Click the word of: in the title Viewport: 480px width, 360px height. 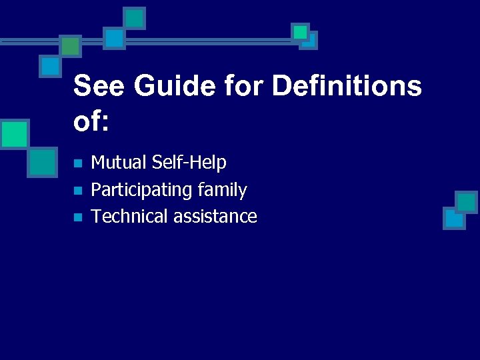coord(91,121)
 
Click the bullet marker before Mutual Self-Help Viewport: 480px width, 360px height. coord(77,163)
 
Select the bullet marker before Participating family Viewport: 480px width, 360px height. coord(77,191)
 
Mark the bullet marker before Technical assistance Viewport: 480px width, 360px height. coord(77,217)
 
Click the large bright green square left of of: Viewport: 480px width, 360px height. coord(14,133)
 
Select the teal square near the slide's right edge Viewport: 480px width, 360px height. coord(466,202)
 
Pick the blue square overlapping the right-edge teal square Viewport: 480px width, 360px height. coord(454,218)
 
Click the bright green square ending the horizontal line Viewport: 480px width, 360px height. coord(301,31)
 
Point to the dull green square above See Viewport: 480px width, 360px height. coord(70,46)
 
